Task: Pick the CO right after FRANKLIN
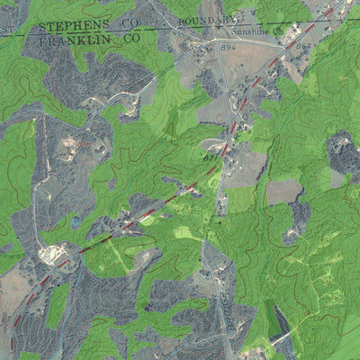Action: [x=131, y=39]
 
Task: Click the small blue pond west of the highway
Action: [x=76, y=220]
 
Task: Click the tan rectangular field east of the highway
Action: [x=283, y=191]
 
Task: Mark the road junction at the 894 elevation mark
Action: [x=219, y=49]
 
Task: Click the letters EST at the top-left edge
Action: [x=7, y=30]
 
